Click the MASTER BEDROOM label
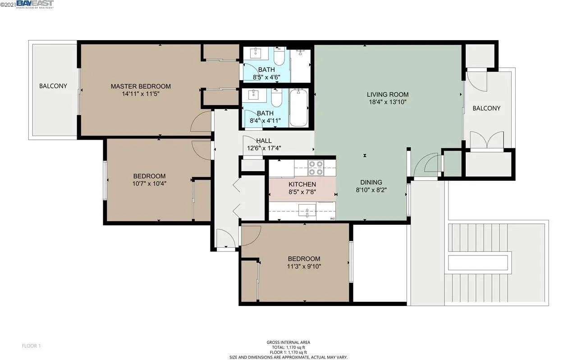(141, 86)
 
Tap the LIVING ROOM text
(387, 94)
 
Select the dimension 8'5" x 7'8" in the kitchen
(302, 192)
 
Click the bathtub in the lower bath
(298, 108)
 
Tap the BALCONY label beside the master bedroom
(53, 86)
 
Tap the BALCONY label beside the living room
(486, 108)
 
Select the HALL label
(264, 141)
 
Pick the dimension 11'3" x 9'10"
(304, 266)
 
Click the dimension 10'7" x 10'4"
(149, 183)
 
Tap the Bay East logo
(35, 5)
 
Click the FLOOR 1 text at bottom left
(32, 346)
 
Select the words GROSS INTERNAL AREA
(288, 342)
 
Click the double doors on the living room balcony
(486, 140)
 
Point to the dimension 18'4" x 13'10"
(387, 102)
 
